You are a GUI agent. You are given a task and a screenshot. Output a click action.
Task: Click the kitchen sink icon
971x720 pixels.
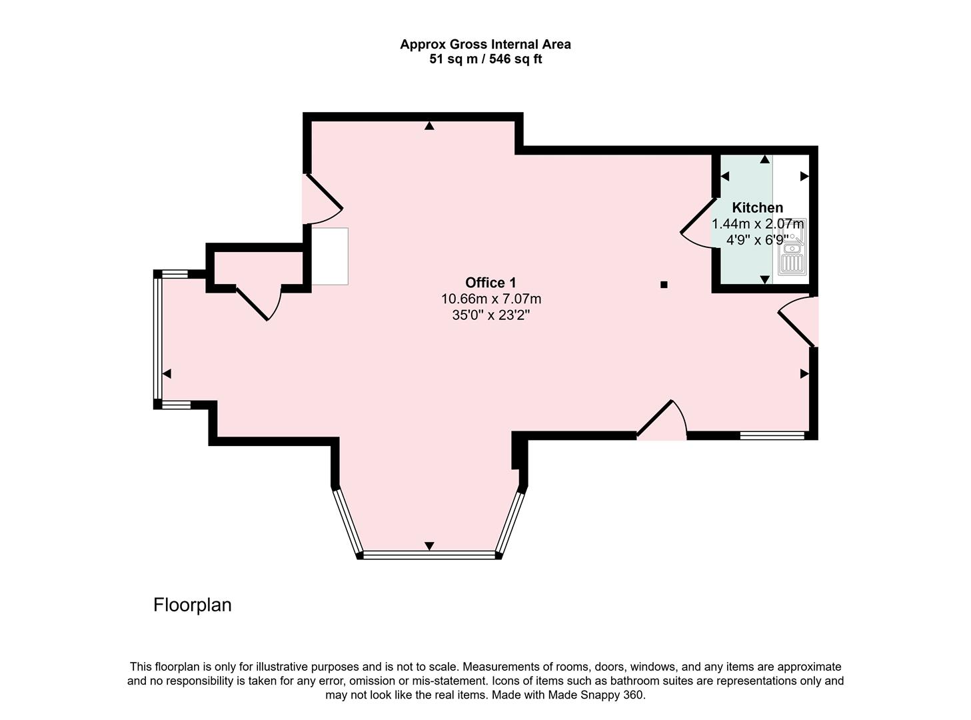tap(792, 247)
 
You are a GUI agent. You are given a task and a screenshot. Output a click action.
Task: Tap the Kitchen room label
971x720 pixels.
tap(757, 207)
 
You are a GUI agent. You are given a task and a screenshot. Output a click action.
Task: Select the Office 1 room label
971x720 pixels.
tap(490, 283)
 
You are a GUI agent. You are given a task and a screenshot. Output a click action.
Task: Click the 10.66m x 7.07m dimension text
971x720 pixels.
tap(490, 299)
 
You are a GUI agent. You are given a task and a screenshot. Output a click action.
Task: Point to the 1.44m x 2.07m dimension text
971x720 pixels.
tap(757, 224)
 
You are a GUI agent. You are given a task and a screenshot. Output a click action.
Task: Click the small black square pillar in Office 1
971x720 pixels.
tap(664, 285)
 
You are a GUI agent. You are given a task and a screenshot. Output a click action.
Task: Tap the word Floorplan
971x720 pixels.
tap(192, 605)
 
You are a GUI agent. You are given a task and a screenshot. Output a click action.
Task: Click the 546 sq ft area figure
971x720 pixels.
tap(515, 59)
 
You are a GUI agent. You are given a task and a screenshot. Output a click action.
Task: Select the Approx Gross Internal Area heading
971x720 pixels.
tap(485, 44)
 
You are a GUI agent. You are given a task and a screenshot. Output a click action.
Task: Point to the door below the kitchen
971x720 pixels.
tap(797, 322)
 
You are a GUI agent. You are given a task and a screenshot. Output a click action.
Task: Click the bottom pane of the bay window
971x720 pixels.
tap(429, 555)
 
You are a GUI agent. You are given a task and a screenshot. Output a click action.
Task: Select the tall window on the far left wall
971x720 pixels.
tap(157, 339)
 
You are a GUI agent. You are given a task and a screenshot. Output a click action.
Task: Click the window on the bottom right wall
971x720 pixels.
tap(772, 435)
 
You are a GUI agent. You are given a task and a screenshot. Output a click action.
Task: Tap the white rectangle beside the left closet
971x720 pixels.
tap(330, 256)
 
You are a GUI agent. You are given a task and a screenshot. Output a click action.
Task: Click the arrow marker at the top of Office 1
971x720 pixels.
tap(429, 126)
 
